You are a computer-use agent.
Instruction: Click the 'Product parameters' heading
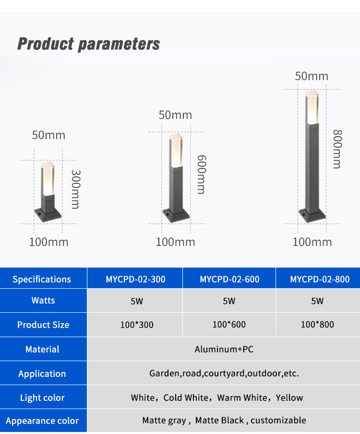[89, 44]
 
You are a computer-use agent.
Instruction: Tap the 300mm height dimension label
[75, 189]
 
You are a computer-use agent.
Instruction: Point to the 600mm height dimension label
[202, 175]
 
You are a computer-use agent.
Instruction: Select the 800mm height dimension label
[337, 149]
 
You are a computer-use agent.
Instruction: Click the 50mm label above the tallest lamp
[312, 76]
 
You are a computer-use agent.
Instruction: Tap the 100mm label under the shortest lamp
[49, 242]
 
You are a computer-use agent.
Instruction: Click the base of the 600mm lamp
[176, 216]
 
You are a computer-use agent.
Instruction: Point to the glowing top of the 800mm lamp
[312, 107]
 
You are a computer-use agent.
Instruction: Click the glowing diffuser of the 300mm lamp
[48, 179]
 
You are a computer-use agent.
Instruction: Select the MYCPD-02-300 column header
[135, 279]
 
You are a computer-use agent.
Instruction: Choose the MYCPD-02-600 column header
[229, 279]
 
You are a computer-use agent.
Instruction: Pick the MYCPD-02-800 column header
[320, 279]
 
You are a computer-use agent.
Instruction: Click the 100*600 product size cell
[229, 324]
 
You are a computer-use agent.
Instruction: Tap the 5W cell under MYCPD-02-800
[317, 301]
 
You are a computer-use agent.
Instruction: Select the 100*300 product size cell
[137, 325]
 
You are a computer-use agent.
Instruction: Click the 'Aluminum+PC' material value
[224, 349]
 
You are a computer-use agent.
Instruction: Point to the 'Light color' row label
[42, 398]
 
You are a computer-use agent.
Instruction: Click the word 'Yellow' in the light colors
[289, 398]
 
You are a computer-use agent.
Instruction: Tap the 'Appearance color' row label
[42, 421]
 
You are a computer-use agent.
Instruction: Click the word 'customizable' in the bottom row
[278, 420]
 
